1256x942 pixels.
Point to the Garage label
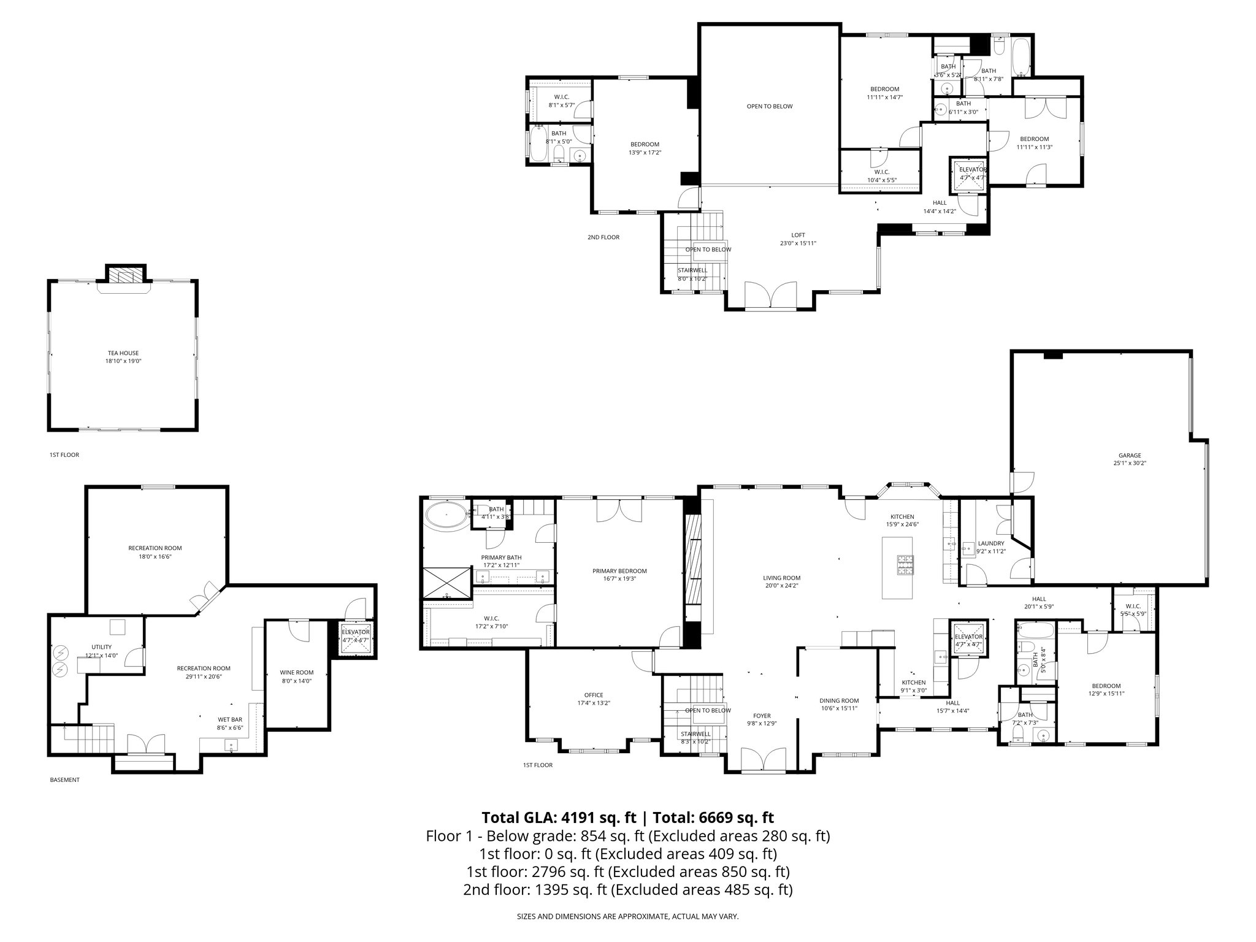(1130, 455)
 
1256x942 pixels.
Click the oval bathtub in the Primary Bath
(445, 516)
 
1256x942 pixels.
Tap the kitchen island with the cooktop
(897, 567)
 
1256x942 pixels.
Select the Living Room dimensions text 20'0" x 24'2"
(781, 586)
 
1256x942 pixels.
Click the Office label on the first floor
(594, 695)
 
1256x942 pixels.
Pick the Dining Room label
(839, 700)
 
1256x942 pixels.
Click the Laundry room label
(991, 543)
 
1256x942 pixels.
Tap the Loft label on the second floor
(798, 235)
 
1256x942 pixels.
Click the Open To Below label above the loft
(769, 106)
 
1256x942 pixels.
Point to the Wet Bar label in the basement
(230, 719)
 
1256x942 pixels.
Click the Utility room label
(102, 647)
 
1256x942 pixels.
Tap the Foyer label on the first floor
(762, 716)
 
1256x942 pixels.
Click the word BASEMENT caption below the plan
(64, 780)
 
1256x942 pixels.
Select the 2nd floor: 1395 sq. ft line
(627, 889)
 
